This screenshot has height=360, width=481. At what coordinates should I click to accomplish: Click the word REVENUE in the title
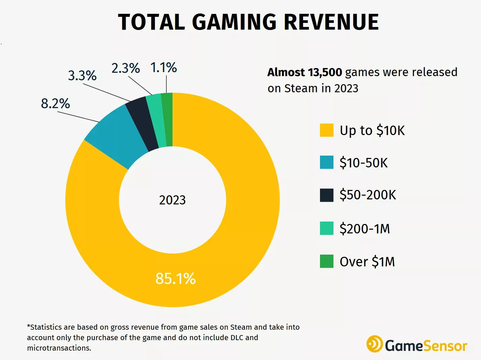pos(331,22)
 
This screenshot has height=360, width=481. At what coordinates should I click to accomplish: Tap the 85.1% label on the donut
pos(175,279)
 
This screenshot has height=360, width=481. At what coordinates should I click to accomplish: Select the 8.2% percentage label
pos(56,103)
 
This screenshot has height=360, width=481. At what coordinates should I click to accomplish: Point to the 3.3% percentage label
pos(82,75)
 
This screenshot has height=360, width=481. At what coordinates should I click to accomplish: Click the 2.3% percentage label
pos(126,68)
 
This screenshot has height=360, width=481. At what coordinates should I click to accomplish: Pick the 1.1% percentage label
pos(164,67)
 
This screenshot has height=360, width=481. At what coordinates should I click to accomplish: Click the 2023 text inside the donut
pos(172,200)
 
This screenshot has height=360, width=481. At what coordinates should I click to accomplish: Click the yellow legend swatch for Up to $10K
pos(326,130)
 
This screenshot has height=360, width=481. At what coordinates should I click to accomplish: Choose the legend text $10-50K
pos(363,163)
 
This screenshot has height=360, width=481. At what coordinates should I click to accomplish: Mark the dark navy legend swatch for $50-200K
pos(326,195)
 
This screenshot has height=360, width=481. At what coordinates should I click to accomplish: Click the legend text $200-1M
pos(364,229)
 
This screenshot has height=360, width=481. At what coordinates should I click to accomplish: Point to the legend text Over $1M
pos(367,262)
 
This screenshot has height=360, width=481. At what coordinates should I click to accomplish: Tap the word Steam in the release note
pos(301,88)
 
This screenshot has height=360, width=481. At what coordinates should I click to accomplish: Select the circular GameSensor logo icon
pos(374,344)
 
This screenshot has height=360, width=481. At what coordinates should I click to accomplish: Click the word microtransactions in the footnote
pos(59,348)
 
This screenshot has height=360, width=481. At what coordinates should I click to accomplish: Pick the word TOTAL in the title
pos(152,22)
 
